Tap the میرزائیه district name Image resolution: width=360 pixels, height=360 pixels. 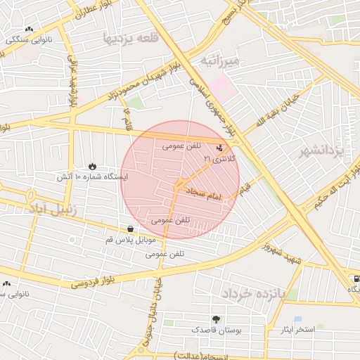(220, 61)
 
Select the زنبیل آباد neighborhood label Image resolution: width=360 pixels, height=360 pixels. (56, 209)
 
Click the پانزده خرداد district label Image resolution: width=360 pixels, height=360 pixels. (253, 293)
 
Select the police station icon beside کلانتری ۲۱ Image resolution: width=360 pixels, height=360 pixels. (221, 148)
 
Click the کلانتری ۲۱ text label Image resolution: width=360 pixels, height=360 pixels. (220, 160)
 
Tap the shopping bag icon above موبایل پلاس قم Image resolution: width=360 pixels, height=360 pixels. (131, 229)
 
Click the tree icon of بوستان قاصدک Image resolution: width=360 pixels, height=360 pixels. (215, 319)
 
